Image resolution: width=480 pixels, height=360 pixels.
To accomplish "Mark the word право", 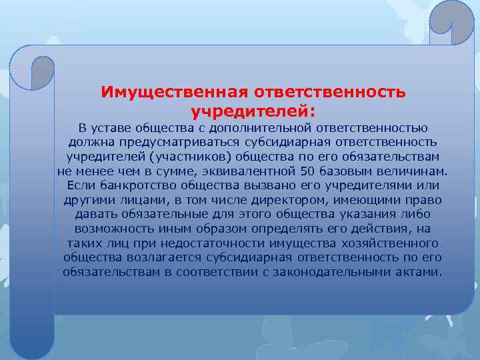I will coord(427,200).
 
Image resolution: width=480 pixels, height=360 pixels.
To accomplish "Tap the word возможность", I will coord(113,229).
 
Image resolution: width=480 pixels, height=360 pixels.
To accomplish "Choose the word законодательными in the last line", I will coord(339,272).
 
